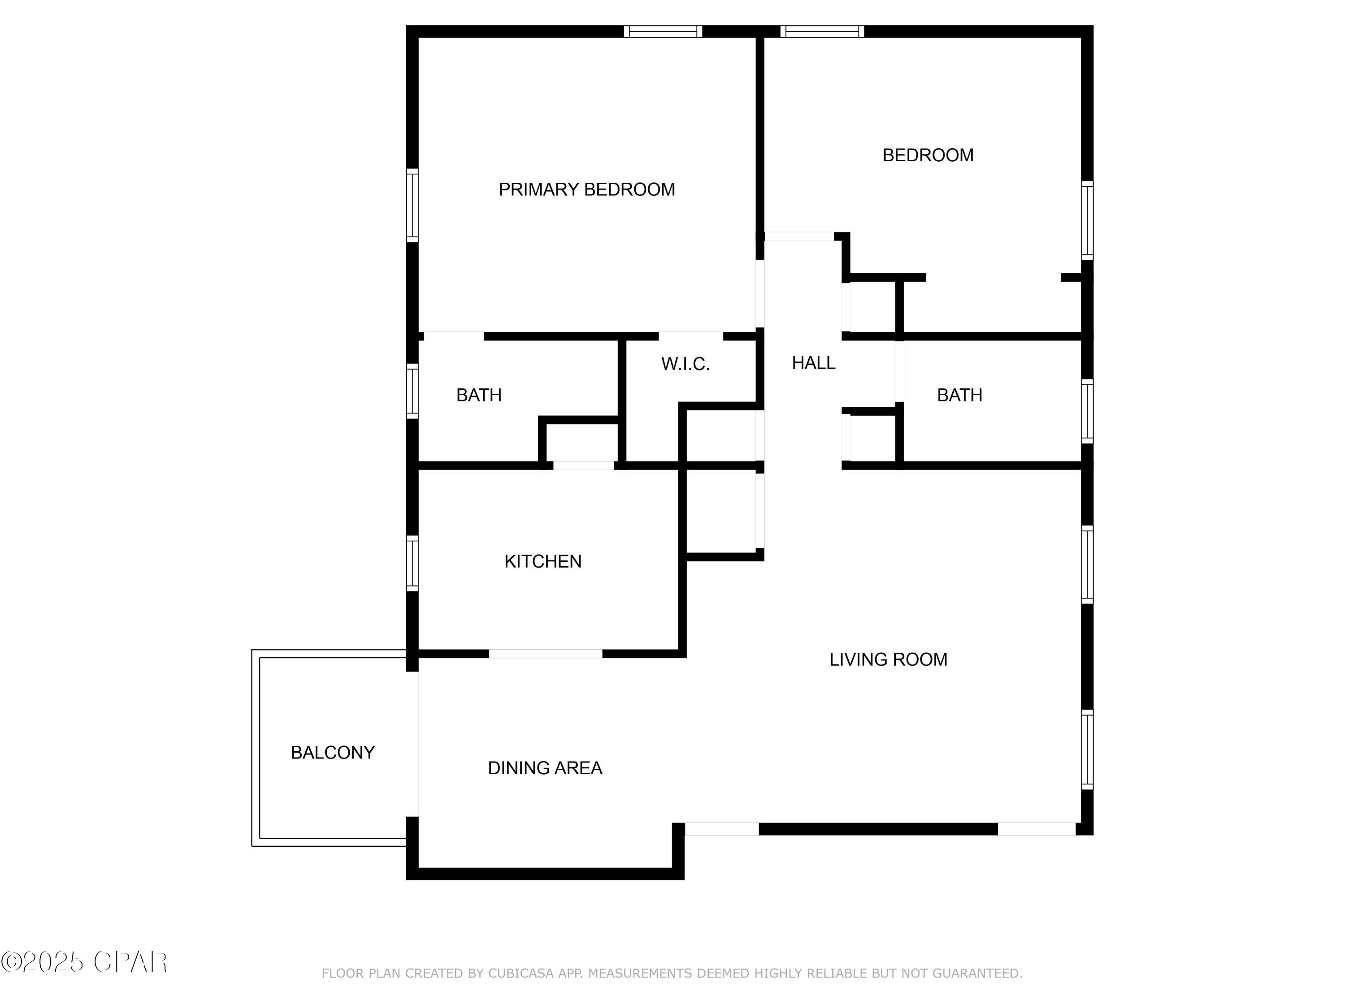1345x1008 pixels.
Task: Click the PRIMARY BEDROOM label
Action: coord(586,190)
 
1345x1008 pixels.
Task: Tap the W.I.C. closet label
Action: coord(685,364)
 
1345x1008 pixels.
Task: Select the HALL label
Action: coord(813,363)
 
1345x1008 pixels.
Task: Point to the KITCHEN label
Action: coord(542,561)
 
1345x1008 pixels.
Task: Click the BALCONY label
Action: coord(333,753)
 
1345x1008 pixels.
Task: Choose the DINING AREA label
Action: coord(545,768)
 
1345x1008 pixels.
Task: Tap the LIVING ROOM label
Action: coord(888,659)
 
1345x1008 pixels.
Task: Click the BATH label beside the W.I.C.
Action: coord(478,395)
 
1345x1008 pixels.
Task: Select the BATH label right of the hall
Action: coord(959,395)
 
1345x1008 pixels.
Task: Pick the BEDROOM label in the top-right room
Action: coord(927,155)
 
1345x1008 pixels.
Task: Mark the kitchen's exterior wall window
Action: coord(412,563)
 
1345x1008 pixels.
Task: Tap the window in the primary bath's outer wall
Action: coord(412,391)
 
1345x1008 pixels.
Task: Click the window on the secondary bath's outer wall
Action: coord(1087,411)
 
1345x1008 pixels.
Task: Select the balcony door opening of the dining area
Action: coord(412,744)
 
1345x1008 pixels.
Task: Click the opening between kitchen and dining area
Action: coord(546,654)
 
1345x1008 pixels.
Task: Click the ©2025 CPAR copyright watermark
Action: coord(84,962)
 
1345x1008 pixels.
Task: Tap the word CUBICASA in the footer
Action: coord(521,974)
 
